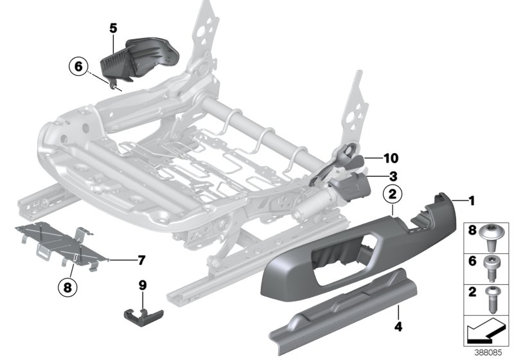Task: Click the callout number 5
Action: [113, 28]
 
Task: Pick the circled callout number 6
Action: [78, 66]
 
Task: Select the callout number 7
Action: [141, 260]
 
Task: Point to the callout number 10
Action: [392, 157]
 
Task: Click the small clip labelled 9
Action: [141, 314]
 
